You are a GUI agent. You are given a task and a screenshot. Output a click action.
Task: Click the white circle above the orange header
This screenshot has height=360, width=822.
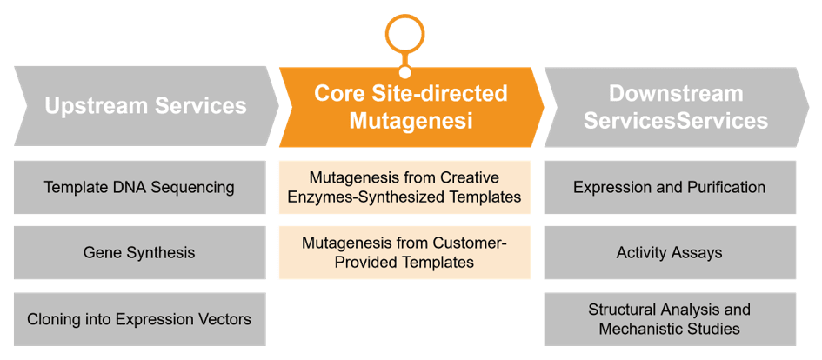[405, 33]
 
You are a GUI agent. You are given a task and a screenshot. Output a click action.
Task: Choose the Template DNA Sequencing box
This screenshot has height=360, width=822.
[139, 187]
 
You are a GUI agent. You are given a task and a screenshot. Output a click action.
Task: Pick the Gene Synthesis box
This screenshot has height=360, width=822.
[139, 253]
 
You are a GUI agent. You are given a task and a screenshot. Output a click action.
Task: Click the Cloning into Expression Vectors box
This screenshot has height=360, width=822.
[139, 319]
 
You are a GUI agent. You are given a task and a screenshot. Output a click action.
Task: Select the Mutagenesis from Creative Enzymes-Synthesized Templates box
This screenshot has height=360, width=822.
[404, 187]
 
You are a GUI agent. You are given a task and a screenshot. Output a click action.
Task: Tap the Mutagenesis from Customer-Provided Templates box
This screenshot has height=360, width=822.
[404, 252]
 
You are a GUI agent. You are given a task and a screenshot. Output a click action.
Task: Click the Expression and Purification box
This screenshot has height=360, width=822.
[670, 187]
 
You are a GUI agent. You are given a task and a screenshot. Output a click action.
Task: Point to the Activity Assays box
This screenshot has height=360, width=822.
[670, 253]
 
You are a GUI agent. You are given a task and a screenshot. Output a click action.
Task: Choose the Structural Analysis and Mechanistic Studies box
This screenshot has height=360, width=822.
[670, 319]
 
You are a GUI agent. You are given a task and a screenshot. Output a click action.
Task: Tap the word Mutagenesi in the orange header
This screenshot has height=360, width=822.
[411, 121]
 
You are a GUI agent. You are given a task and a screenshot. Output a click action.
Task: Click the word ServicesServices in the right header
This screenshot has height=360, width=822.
[676, 121]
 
